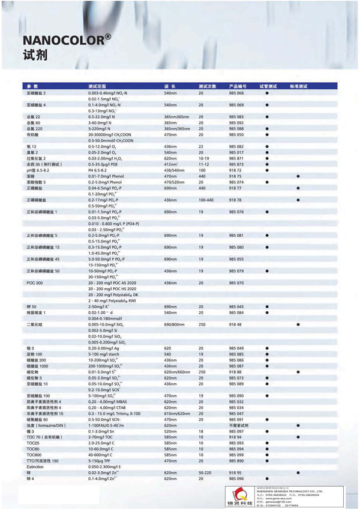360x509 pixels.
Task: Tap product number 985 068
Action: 236,94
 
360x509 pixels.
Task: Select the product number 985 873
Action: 236,164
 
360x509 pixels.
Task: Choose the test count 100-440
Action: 206,199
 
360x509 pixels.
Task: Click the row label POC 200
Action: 33,282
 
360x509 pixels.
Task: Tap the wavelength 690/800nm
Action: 175,324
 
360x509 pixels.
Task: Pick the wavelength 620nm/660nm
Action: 176,372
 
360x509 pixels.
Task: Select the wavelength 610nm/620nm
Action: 176,414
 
